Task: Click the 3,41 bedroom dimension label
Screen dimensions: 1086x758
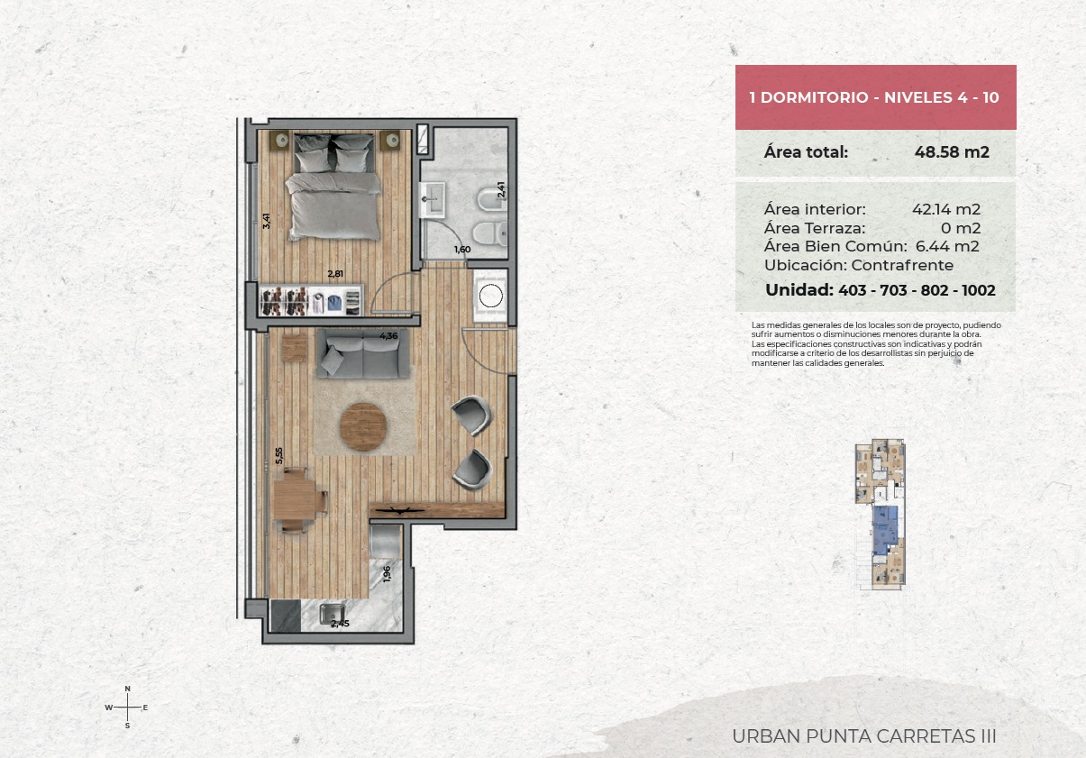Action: tap(266, 221)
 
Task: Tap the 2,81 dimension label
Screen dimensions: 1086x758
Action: tap(335, 273)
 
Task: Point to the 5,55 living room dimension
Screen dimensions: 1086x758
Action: tap(278, 455)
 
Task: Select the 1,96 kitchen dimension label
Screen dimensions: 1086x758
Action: tap(387, 574)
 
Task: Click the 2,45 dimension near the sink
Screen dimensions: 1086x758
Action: tap(340, 624)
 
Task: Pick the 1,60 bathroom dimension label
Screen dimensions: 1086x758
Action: tap(462, 250)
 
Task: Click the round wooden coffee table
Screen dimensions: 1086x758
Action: tap(363, 426)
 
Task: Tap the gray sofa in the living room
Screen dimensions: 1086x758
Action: tap(363, 353)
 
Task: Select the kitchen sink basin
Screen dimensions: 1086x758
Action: tap(332, 614)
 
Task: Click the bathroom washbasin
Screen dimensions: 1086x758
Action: tap(432, 199)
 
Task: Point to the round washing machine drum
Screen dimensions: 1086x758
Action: tap(490, 296)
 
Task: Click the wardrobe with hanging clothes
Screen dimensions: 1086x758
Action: tap(311, 301)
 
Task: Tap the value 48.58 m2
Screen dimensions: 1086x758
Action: tap(952, 152)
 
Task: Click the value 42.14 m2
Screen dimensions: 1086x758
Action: tap(946, 209)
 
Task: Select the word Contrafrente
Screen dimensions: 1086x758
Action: tap(902, 265)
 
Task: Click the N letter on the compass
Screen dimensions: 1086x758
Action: tap(127, 689)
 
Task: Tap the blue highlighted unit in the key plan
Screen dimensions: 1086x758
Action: tap(885, 531)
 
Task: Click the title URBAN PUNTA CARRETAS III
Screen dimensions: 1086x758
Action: tap(864, 736)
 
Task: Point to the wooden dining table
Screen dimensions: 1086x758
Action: tap(294, 500)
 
